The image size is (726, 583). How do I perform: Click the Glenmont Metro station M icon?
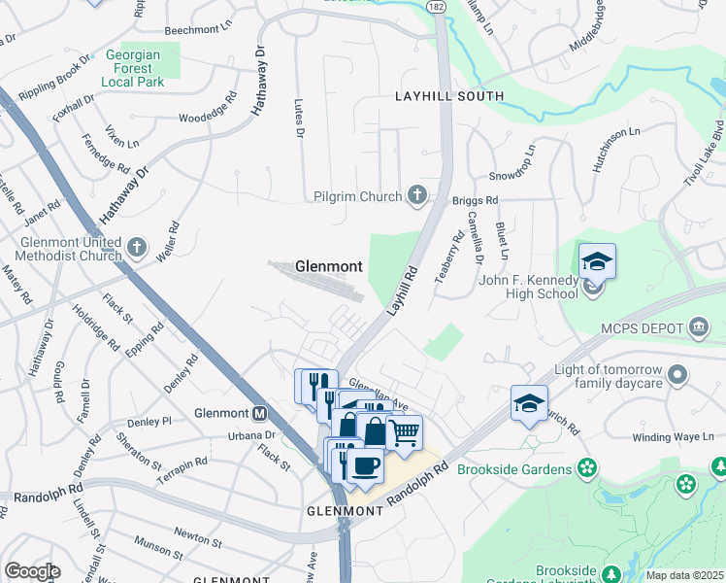tap(259, 412)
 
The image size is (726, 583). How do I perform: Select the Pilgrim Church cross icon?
tap(418, 196)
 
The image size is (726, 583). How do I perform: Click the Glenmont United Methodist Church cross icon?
tap(137, 249)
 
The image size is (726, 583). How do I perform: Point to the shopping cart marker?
tap(405, 432)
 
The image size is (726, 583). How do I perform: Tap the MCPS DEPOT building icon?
tap(698, 326)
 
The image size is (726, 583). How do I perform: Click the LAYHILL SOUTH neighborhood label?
tap(448, 96)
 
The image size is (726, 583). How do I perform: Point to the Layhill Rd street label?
tap(403, 290)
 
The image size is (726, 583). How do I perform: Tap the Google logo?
tap(32, 570)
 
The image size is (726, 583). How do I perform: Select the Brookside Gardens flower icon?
tap(586, 469)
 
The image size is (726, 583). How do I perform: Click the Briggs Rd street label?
tap(475, 200)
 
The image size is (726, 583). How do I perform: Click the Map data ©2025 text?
tap(683, 575)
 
